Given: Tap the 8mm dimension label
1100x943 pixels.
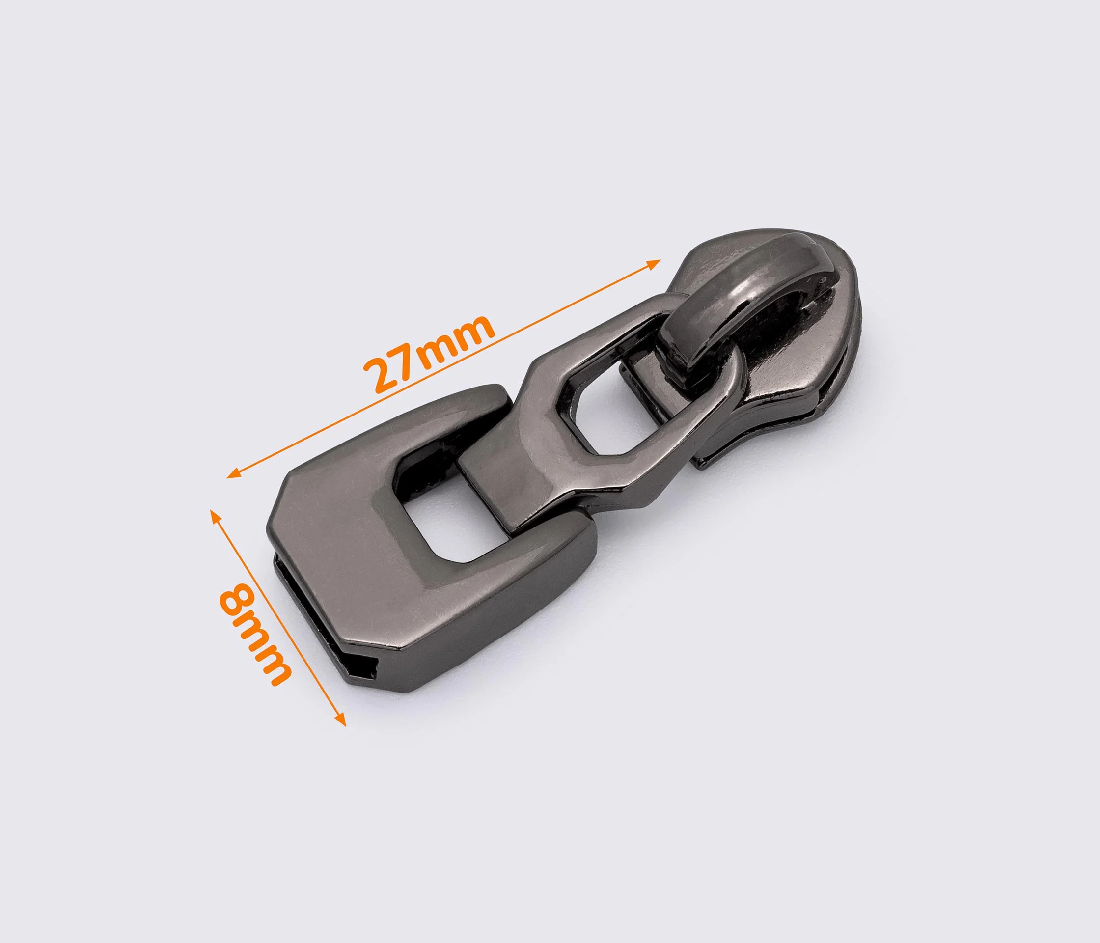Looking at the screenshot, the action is [x=255, y=635].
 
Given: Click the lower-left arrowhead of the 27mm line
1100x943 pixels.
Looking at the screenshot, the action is [x=234, y=473].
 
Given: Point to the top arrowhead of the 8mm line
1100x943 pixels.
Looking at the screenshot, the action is [x=214, y=515].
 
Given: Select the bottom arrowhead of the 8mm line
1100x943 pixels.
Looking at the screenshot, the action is [x=341, y=720].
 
